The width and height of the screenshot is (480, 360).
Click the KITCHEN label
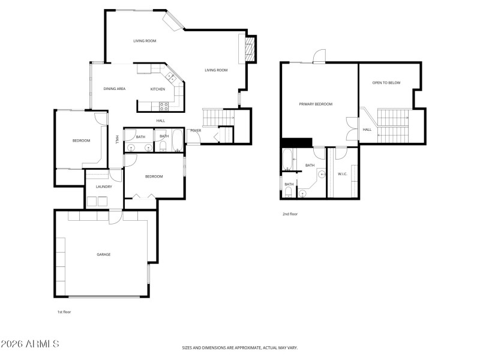click(158, 89)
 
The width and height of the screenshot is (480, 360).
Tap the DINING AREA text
click(114, 89)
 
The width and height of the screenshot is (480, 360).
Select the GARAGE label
click(104, 254)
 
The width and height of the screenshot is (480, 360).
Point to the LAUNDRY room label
click(104, 187)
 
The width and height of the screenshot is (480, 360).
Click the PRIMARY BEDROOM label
click(316, 104)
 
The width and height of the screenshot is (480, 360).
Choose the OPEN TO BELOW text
click(386, 83)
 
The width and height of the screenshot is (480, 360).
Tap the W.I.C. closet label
click(343, 175)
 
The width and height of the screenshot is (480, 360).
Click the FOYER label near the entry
click(196, 130)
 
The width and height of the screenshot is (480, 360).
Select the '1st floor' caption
click(64, 312)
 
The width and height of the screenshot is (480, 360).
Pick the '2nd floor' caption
click(290, 214)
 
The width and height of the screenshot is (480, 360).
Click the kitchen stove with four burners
click(163, 106)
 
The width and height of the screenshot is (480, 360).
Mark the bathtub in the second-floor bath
click(287, 160)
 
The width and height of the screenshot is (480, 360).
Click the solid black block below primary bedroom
click(296, 142)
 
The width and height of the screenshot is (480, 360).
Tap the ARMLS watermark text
click(30, 344)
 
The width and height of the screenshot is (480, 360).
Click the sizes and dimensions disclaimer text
click(240, 347)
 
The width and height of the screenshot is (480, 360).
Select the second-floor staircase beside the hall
click(391, 125)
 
